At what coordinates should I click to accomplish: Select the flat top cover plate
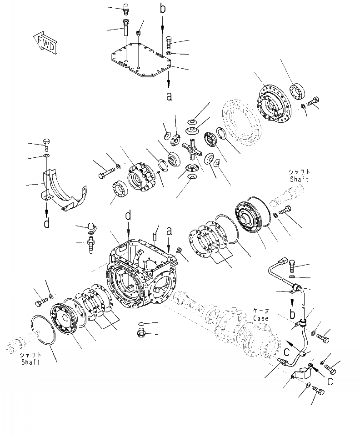pyautogui.click(x=141, y=62)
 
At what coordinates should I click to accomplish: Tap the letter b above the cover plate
pyautogui.click(x=162, y=8)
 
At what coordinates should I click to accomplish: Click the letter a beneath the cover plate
pyautogui.click(x=169, y=96)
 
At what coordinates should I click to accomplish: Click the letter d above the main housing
pyautogui.click(x=129, y=214)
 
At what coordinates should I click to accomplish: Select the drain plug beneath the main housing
pyautogui.click(x=142, y=334)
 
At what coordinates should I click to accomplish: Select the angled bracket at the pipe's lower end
pyautogui.click(x=300, y=375)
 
